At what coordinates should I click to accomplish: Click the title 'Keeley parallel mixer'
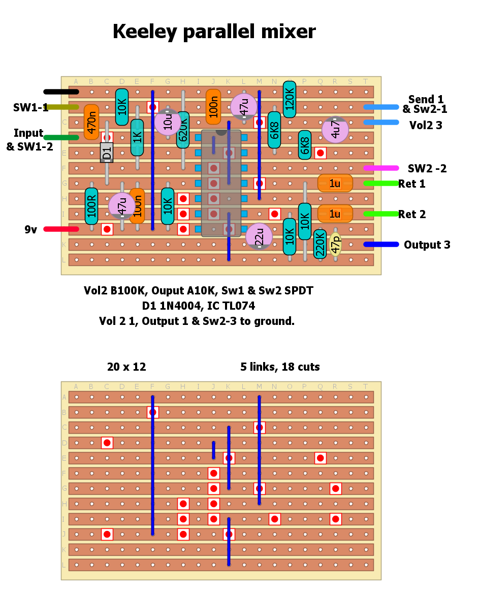(x=214, y=32)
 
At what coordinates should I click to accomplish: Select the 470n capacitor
(x=91, y=122)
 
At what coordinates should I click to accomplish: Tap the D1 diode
(x=107, y=152)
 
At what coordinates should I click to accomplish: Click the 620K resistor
(x=183, y=130)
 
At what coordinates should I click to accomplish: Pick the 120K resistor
(x=290, y=100)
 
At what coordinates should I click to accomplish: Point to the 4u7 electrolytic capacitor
(x=335, y=130)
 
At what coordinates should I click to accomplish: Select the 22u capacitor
(x=259, y=236)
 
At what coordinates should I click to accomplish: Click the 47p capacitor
(x=335, y=245)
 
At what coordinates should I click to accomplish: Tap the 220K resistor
(x=320, y=244)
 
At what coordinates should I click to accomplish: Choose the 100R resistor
(x=91, y=206)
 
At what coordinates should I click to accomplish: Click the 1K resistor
(x=137, y=137)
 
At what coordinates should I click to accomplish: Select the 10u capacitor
(x=168, y=122)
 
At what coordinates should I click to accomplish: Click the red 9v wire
(x=61, y=229)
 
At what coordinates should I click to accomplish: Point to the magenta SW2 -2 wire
(x=381, y=168)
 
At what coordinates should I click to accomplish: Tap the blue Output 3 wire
(x=381, y=245)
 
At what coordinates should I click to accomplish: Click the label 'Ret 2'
(x=411, y=215)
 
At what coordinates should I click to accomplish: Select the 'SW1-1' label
(x=31, y=107)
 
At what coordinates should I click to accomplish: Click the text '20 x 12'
(x=126, y=367)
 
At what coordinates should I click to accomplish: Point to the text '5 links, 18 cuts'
(x=280, y=367)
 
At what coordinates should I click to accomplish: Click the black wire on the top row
(x=61, y=92)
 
